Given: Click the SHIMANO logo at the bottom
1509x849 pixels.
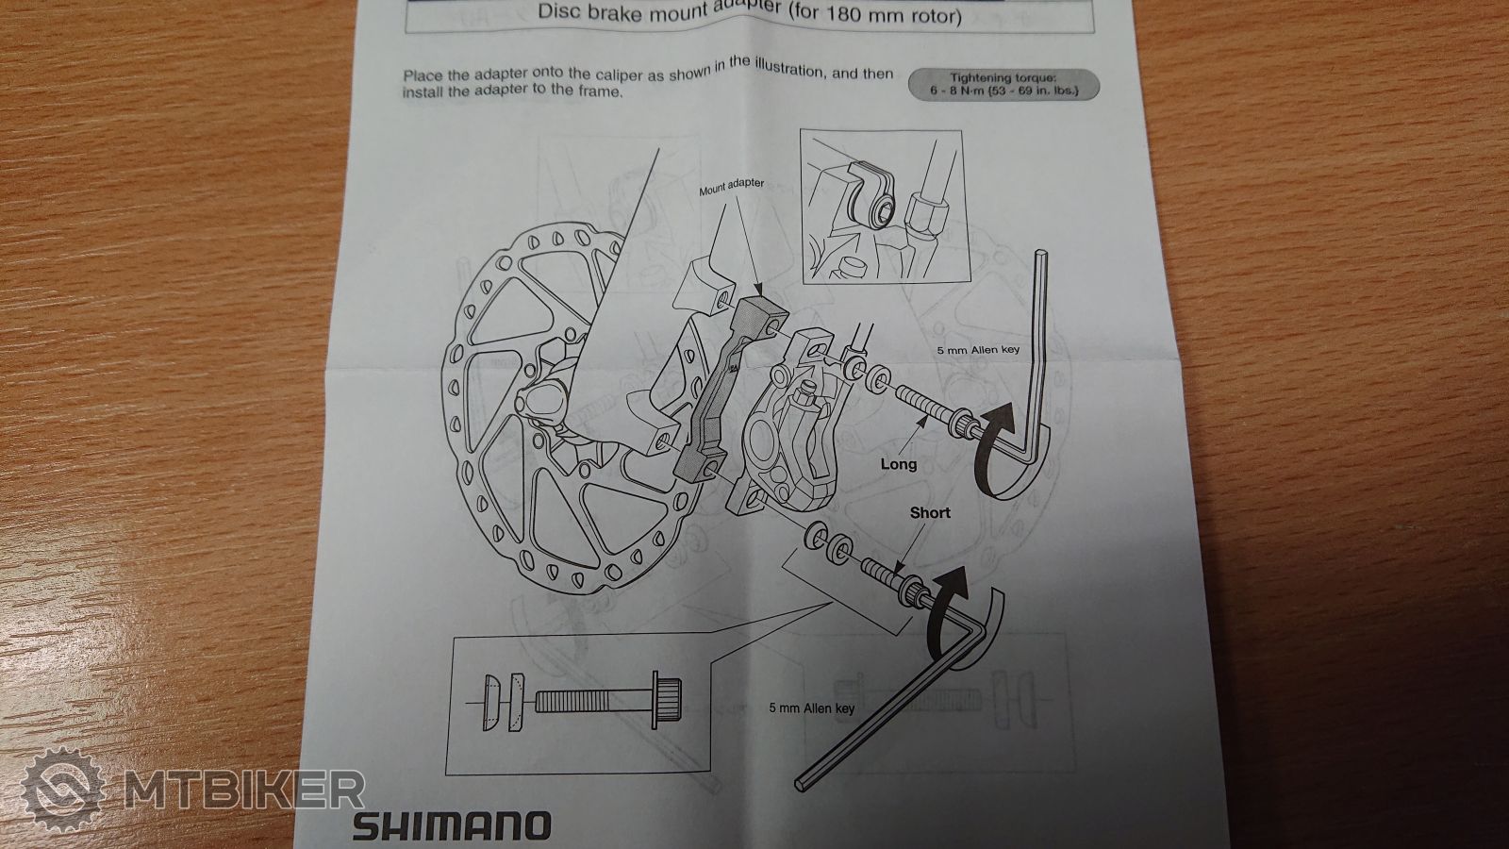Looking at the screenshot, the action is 452,825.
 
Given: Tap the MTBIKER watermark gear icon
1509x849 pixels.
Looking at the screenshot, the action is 62,789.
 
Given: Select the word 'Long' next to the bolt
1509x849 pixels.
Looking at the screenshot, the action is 899,463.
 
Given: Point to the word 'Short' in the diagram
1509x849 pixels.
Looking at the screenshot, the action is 930,513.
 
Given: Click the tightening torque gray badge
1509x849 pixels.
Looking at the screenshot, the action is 1003,84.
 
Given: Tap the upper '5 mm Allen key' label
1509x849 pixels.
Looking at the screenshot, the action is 979,350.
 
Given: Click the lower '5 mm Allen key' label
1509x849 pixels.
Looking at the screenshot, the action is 812,708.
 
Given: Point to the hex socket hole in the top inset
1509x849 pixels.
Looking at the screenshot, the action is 883,216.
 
